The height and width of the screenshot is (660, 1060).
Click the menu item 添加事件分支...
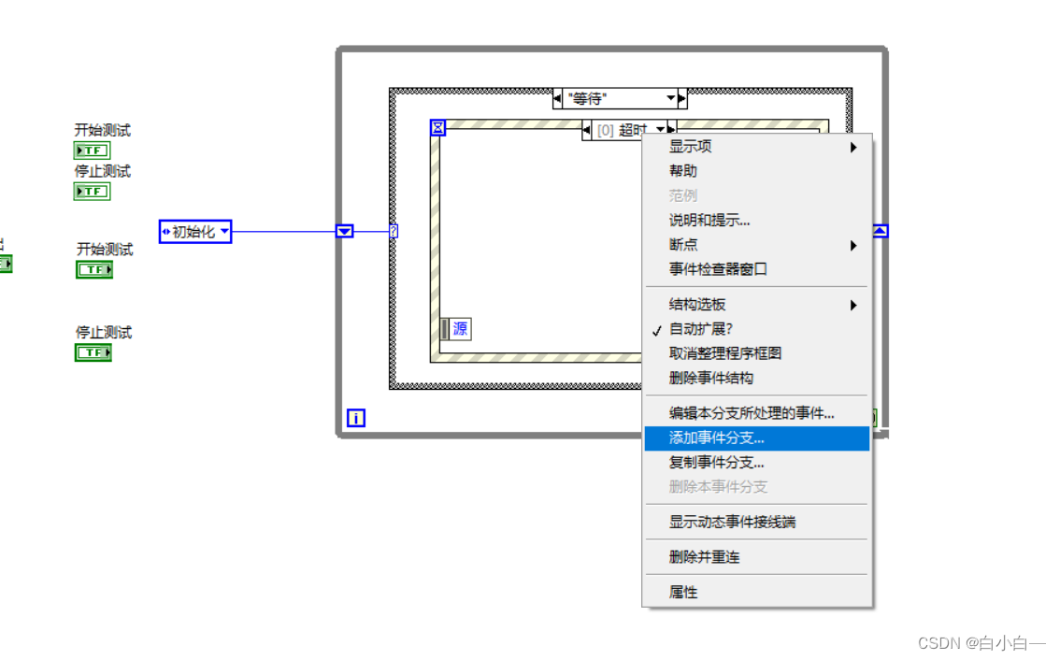(x=717, y=438)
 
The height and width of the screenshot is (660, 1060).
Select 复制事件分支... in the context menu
(x=717, y=463)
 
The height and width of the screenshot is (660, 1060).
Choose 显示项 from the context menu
(x=691, y=147)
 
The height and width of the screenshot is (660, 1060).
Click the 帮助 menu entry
(x=683, y=171)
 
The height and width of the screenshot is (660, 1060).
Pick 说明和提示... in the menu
(x=709, y=221)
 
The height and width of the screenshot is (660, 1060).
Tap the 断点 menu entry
(x=683, y=245)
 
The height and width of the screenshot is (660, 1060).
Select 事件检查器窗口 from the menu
(x=718, y=269)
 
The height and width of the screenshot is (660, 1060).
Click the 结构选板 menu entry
(x=697, y=305)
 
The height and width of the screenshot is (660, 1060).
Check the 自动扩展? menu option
(x=701, y=329)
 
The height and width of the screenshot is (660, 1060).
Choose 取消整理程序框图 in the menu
(x=725, y=353)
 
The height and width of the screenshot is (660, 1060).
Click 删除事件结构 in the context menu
(x=711, y=379)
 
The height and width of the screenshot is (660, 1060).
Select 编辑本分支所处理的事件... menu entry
(x=752, y=413)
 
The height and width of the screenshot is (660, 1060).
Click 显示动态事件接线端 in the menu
(x=732, y=523)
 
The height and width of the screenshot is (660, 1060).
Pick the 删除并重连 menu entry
(x=704, y=557)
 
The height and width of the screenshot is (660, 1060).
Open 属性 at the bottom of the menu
(x=683, y=593)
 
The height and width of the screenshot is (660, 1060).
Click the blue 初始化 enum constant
(x=194, y=232)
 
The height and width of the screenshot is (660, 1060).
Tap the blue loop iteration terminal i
(x=356, y=419)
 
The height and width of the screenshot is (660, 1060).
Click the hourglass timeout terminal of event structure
(x=437, y=128)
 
